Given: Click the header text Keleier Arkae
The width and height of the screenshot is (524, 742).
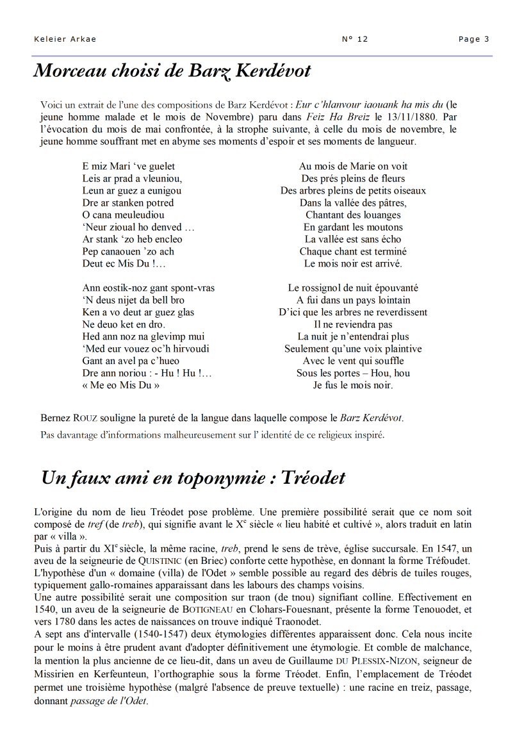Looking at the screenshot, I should [65, 39].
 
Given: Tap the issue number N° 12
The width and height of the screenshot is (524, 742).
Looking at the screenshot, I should [356, 39].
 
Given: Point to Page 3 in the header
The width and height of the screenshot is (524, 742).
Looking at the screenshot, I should [473, 39].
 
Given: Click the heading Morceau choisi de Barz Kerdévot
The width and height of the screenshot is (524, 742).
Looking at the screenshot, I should [172, 70].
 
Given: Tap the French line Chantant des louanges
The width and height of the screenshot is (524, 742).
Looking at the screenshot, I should [353, 215].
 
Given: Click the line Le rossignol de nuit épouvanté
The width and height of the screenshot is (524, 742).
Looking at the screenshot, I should [353, 288].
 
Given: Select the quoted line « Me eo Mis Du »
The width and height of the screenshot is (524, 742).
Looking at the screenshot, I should [120, 385].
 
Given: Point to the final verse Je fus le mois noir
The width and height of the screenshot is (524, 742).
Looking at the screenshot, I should [353, 385].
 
